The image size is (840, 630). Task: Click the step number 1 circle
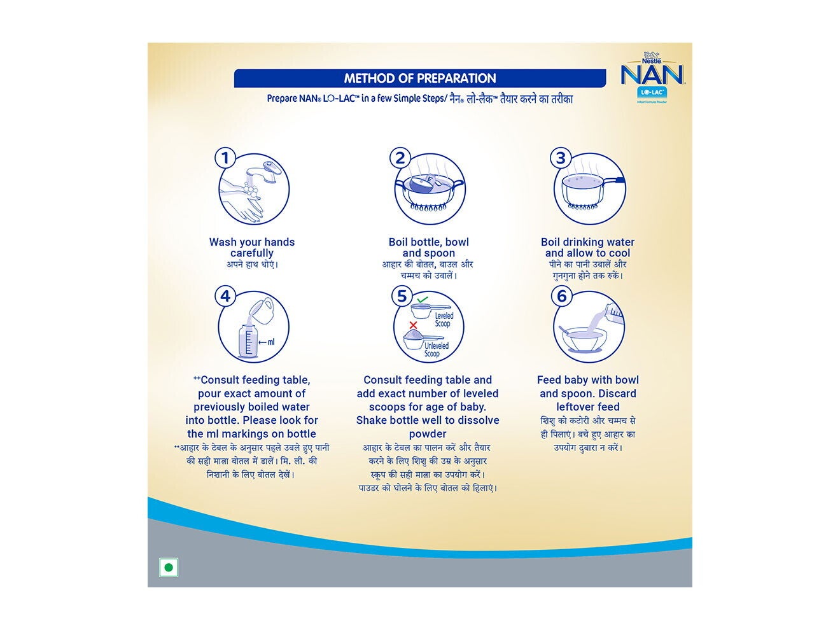click(x=225, y=158)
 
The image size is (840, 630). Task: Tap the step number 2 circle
click(x=400, y=158)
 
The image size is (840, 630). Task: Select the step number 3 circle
click(x=561, y=158)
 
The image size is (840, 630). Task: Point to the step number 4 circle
click(x=225, y=296)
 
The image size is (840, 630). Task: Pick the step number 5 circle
click(x=402, y=296)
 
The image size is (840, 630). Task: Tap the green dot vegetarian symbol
click(x=169, y=567)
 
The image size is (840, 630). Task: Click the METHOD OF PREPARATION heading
click(x=420, y=78)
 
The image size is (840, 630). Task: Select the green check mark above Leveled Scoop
click(x=423, y=298)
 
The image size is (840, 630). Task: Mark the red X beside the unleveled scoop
click(x=413, y=325)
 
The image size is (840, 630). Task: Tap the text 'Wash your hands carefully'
click(x=252, y=248)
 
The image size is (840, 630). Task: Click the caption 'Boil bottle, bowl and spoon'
click(x=428, y=248)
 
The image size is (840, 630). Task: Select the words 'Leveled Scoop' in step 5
click(x=444, y=319)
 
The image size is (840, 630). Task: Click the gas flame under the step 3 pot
click(x=582, y=206)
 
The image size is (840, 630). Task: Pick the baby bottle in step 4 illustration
click(x=248, y=340)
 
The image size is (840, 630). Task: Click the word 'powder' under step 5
click(x=428, y=434)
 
